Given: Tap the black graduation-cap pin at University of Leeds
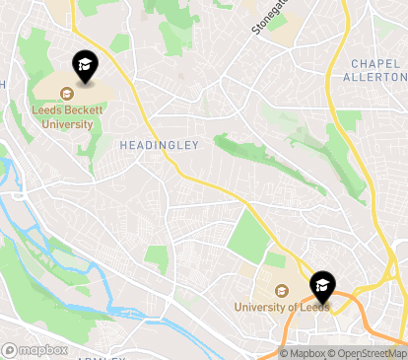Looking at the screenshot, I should coord(321,287).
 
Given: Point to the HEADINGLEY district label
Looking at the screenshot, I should coord(159,145).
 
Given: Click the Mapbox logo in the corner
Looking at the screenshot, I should coord(35,349).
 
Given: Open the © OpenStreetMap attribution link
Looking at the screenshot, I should coord(369,353).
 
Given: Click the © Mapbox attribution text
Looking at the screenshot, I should coord(303,353).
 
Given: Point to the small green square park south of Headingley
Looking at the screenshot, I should coord(157,259).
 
